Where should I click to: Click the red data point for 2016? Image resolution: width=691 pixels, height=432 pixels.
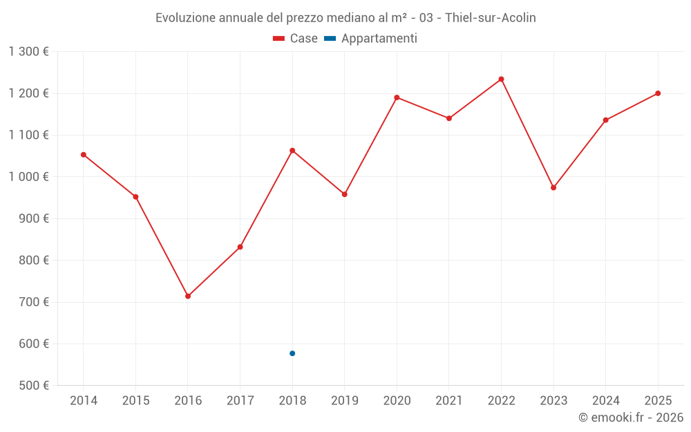click(x=188, y=296)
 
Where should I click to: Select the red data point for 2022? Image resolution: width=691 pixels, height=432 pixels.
click(x=501, y=79)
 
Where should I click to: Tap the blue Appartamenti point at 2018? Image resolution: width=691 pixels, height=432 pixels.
click(x=292, y=353)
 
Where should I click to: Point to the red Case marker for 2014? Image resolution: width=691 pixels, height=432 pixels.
click(x=84, y=155)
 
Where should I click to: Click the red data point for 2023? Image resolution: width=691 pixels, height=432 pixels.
click(x=553, y=187)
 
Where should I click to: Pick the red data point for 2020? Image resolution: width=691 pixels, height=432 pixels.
click(x=397, y=97)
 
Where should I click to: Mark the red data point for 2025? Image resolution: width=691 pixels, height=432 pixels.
click(x=658, y=93)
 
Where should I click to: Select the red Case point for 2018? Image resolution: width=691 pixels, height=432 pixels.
click(x=292, y=151)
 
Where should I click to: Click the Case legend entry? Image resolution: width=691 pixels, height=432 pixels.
click(x=296, y=39)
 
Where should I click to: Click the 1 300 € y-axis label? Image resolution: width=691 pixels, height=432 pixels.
click(x=29, y=52)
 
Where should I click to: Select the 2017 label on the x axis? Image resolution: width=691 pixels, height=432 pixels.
click(x=240, y=401)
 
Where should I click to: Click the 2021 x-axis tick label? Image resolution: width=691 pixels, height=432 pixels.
click(x=449, y=401)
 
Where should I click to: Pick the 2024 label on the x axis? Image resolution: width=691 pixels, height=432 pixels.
click(x=605, y=401)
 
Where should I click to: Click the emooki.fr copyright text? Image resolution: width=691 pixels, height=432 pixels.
click(x=630, y=417)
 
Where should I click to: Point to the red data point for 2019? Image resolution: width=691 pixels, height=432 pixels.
click(x=344, y=194)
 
